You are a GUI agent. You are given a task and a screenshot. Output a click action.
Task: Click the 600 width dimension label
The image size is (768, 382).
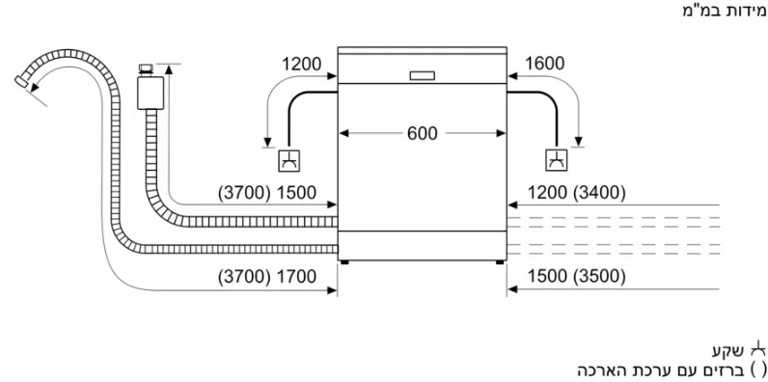(423, 133)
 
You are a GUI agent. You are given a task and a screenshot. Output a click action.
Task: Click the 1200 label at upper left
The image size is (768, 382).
(301, 64)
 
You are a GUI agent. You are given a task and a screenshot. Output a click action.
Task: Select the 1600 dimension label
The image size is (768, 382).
(545, 64)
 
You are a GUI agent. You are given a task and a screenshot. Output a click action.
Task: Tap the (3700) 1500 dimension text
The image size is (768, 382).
(267, 193)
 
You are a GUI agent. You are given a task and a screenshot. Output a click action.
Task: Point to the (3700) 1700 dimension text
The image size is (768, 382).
(267, 277)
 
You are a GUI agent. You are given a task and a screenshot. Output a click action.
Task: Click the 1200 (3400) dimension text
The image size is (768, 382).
(577, 193)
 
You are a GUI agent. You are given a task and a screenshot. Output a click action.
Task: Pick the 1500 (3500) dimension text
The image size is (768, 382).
(577, 277)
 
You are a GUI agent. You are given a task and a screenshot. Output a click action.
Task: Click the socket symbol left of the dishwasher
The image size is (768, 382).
(289, 161)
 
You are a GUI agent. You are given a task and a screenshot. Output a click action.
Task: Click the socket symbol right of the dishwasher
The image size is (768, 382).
(557, 160)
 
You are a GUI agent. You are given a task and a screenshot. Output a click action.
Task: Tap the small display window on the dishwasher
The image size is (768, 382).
(422, 75)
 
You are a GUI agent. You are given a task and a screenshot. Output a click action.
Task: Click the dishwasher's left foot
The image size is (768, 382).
(344, 262)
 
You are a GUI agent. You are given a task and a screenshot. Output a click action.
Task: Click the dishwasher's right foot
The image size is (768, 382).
(499, 262)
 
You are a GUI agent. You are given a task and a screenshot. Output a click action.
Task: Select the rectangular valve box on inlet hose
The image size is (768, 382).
(150, 93)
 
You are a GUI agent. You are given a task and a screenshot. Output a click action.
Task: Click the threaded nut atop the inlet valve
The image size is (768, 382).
(146, 69)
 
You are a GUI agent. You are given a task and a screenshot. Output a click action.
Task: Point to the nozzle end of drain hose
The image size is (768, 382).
(21, 81)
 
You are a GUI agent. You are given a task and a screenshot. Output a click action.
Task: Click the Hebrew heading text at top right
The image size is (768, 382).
(725, 11)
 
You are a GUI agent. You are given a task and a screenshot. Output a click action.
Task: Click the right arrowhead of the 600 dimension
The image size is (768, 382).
(501, 133)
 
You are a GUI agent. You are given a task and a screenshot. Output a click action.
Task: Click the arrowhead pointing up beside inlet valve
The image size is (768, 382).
(170, 69)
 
